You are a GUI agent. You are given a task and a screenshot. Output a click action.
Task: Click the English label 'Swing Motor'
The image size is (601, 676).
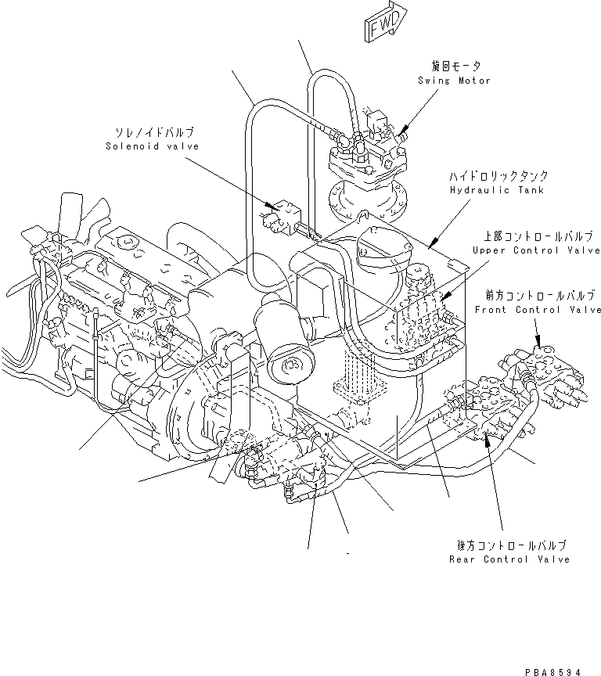(454, 81)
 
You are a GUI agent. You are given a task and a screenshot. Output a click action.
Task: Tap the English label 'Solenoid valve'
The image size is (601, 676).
(152, 146)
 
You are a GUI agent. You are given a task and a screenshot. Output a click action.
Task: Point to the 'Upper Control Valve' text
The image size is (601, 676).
(536, 250)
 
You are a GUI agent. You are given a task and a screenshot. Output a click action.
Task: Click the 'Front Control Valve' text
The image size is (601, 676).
(538, 310)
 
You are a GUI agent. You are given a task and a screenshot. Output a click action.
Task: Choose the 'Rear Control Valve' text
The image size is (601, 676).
(509, 559)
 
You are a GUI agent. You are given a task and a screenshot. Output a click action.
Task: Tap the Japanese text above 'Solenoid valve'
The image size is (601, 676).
(154, 132)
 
